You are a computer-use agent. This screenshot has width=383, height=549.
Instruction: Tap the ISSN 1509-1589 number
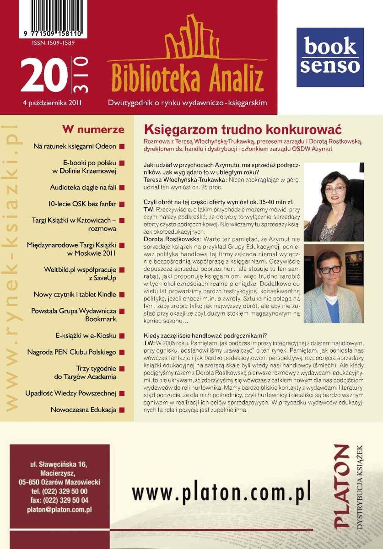(x=54, y=43)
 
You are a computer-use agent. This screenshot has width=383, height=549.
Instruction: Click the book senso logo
(x=330, y=57)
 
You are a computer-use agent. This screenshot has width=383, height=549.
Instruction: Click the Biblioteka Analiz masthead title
(x=188, y=79)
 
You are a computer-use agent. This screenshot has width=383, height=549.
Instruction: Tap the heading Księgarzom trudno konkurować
(x=243, y=129)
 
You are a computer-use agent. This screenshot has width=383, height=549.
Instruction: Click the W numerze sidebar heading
(x=93, y=129)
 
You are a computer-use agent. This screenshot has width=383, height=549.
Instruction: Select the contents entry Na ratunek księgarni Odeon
(x=75, y=146)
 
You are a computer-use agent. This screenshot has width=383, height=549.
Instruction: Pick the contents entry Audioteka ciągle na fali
(x=83, y=187)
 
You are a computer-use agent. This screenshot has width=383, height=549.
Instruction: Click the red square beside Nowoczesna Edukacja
(x=122, y=410)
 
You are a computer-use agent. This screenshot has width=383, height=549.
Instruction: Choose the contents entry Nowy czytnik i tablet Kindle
(x=75, y=295)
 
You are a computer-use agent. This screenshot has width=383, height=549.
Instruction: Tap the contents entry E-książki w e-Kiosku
(x=86, y=335)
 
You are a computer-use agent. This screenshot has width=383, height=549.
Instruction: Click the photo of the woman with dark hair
(x=334, y=202)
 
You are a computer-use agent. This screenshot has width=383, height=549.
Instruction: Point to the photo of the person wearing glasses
(x=334, y=284)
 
